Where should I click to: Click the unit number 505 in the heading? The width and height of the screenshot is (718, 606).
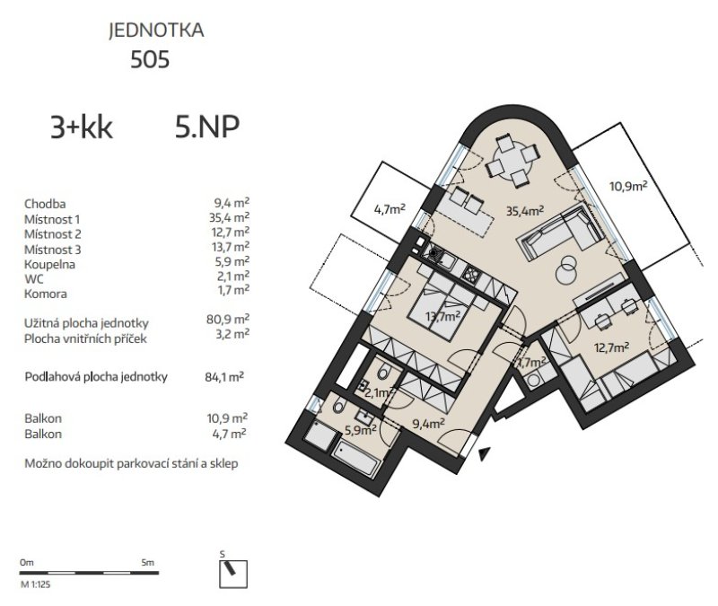click(150, 59)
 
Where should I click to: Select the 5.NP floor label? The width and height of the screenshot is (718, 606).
click(207, 127)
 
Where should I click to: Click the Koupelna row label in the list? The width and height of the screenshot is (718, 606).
click(49, 264)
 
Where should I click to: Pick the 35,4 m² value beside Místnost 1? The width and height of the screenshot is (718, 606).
click(229, 217)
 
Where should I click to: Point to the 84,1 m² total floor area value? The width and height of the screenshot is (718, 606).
click(224, 377)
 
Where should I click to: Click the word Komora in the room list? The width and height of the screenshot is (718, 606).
click(46, 294)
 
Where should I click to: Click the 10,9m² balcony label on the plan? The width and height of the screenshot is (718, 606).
click(628, 186)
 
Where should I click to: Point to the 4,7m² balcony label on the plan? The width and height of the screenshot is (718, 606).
click(390, 209)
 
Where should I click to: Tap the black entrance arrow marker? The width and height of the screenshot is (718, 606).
click(484, 453)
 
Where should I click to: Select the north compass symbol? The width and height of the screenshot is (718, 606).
click(233, 574)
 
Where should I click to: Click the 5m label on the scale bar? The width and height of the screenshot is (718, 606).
click(148, 563)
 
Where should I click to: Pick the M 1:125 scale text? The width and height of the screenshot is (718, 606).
click(35, 584)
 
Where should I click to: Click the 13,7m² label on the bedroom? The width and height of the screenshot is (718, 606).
click(442, 316)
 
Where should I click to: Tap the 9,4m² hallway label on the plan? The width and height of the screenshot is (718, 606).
click(429, 423)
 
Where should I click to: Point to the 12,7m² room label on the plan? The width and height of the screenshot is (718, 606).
click(612, 347)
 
